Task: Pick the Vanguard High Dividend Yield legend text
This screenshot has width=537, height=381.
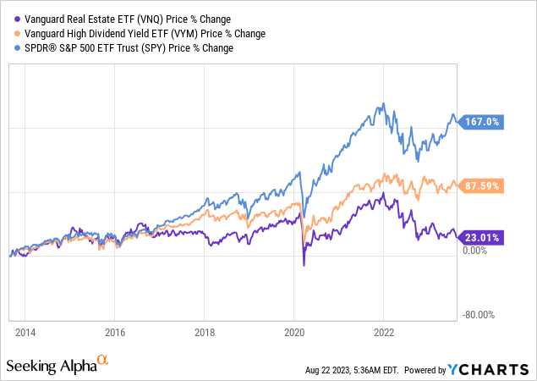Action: tap(140, 33)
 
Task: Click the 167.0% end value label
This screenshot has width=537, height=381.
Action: tap(483, 122)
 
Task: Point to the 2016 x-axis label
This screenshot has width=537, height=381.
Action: tap(115, 332)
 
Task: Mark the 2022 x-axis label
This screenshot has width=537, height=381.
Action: tap(385, 332)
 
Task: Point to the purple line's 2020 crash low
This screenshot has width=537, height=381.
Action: tap(304, 265)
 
